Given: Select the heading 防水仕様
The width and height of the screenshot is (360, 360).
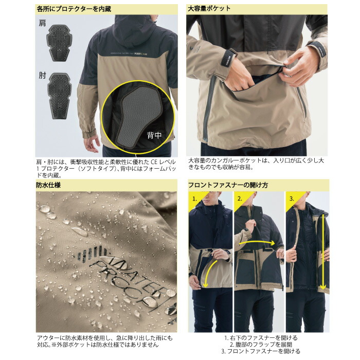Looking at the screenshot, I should pyautogui.click(x=49, y=185).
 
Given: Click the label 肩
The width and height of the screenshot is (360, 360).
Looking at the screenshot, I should pyautogui.click(x=42, y=24).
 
